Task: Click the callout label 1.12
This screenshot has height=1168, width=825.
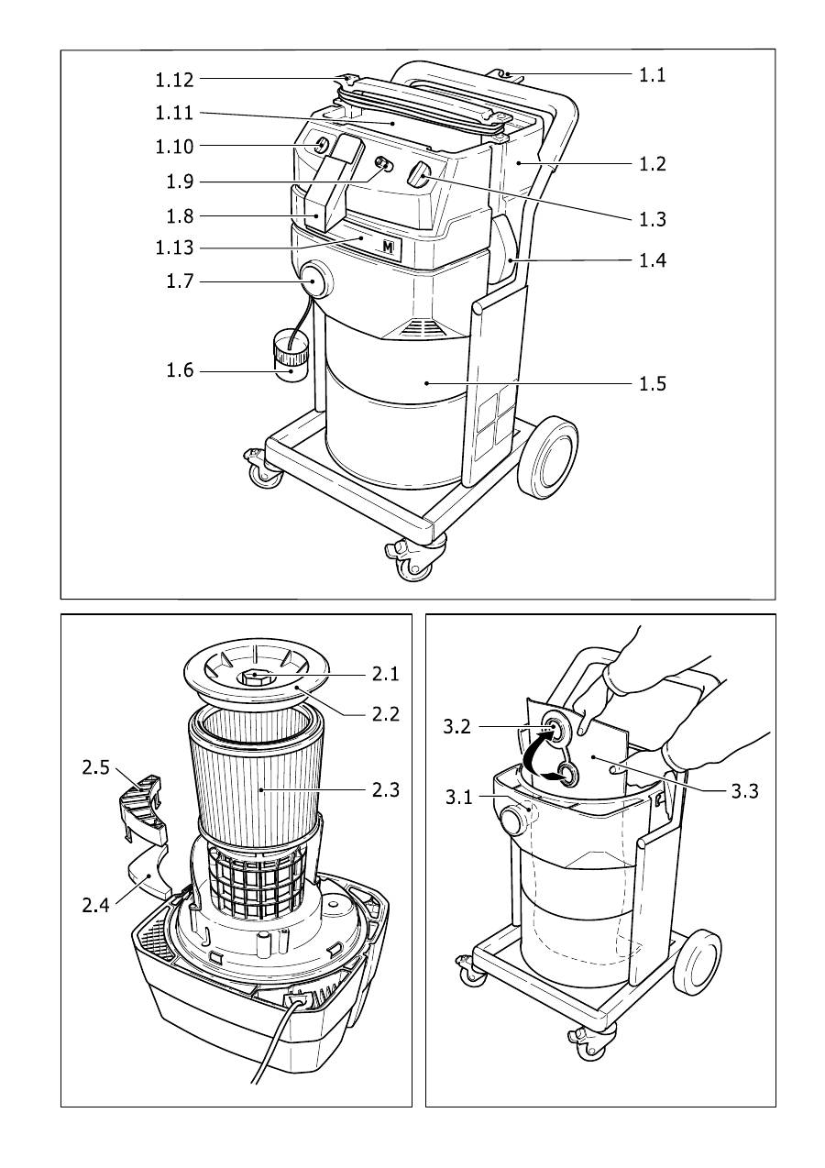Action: point(174,80)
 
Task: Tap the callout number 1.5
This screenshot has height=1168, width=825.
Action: point(653,384)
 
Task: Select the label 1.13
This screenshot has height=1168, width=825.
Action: point(174,248)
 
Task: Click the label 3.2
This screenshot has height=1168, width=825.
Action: point(456,726)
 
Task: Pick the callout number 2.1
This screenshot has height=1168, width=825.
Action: point(385,674)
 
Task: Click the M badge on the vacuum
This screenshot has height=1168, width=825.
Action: point(388,247)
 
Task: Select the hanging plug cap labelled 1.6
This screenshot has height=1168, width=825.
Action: point(290,360)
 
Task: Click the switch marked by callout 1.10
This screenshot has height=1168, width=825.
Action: point(320,146)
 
